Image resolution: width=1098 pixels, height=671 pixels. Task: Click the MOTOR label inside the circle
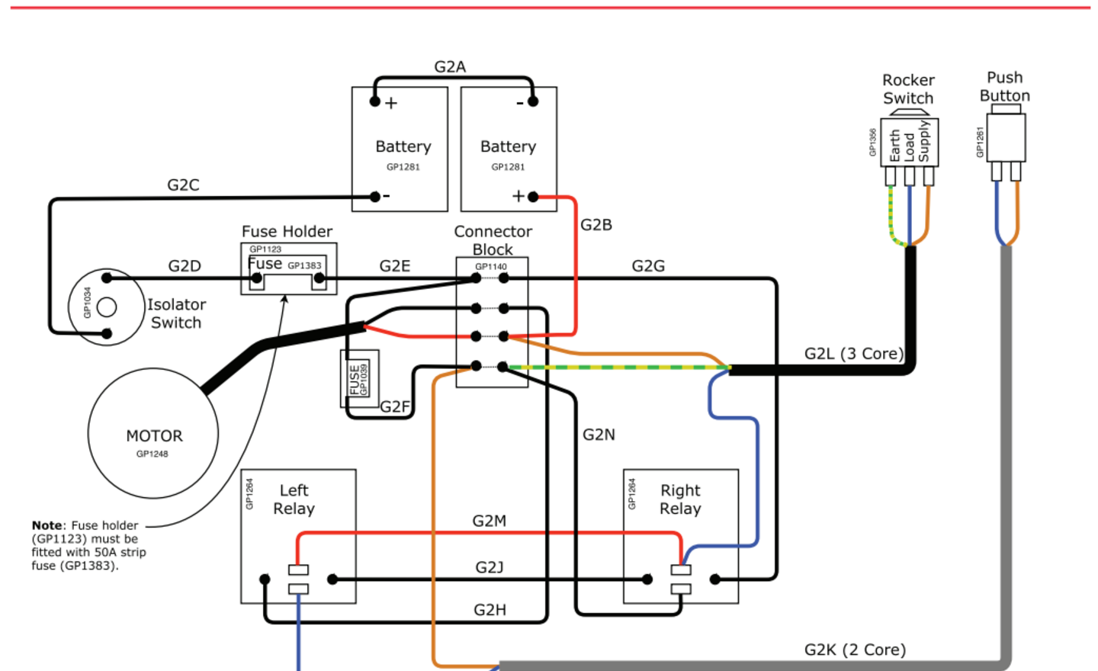click(x=154, y=436)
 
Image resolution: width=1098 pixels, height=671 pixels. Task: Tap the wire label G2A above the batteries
click(x=450, y=67)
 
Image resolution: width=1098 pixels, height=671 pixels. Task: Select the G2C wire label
click(x=183, y=185)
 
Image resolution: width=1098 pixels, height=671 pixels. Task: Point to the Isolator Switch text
click(x=176, y=313)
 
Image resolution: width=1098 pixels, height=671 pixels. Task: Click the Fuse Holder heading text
click(x=287, y=231)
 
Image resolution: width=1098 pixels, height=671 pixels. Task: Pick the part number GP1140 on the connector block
click(x=490, y=267)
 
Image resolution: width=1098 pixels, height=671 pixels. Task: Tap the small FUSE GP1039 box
click(x=358, y=378)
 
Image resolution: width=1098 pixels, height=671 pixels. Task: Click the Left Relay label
click(x=294, y=499)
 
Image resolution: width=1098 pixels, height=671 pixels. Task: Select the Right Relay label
click(x=680, y=499)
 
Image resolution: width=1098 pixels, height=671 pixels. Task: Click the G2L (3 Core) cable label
click(x=853, y=354)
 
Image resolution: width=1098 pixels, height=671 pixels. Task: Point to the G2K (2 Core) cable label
click(x=855, y=650)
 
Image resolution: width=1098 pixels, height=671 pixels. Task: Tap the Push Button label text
click(x=1004, y=87)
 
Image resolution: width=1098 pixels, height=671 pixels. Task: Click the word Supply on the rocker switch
click(x=924, y=141)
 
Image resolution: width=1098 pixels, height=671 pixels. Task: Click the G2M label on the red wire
click(x=489, y=521)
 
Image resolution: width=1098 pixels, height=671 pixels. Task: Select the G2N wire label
click(x=599, y=435)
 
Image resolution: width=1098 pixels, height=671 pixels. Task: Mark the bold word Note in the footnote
click(x=47, y=525)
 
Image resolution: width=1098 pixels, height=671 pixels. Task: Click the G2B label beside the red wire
click(x=596, y=225)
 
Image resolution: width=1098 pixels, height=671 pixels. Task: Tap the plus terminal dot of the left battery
click(x=374, y=101)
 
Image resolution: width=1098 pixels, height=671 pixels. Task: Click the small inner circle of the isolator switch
click(x=107, y=307)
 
